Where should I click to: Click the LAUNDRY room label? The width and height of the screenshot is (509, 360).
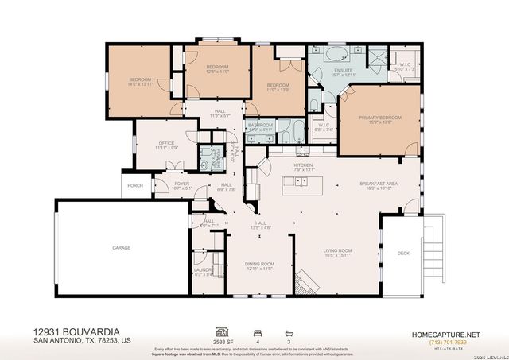[x=204, y=272]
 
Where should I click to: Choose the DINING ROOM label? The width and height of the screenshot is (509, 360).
[x=258, y=266]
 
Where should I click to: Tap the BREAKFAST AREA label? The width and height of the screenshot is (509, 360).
[x=377, y=185]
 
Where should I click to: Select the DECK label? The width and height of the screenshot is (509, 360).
[x=403, y=254]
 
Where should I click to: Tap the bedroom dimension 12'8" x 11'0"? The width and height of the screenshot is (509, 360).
[x=218, y=72]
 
